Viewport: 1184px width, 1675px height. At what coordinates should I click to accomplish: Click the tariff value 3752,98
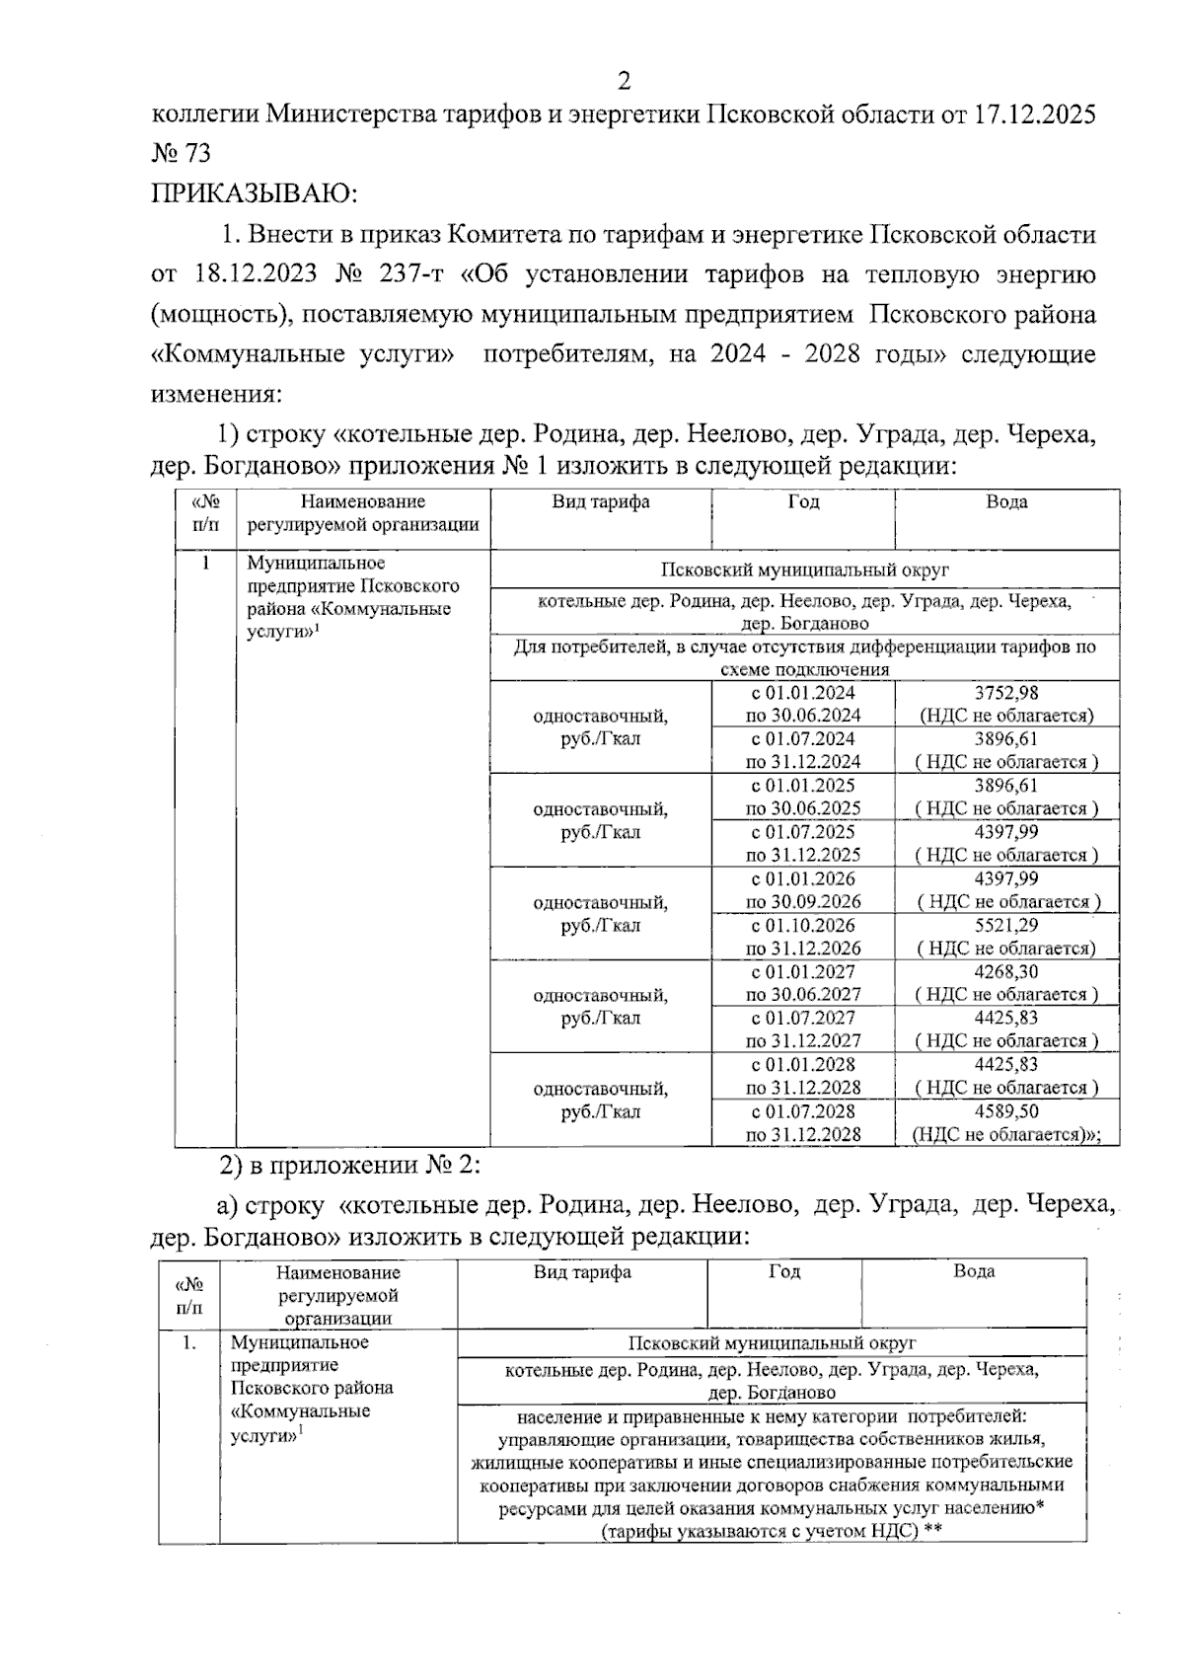click(x=1005, y=693)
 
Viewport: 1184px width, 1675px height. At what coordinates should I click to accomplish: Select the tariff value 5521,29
click(x=1005, y=926)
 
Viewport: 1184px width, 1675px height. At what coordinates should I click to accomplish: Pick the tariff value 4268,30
click(x=1005, y=972)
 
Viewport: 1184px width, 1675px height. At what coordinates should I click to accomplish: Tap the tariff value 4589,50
click(x=1005, y=1111)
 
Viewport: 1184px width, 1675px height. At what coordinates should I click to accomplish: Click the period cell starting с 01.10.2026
click(x=803, y=937)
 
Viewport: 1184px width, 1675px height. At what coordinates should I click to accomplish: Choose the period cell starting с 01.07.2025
click(x=803, y=844)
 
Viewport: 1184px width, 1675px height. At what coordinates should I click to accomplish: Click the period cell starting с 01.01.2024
click(x=803, y=704)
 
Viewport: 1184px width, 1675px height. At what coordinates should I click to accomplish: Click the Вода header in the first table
click(x=1006, y=502)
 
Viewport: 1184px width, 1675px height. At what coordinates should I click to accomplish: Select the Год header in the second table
click(x=784, y=1272)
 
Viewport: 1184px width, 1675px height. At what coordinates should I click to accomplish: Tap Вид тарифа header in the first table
click(x=600, y=502)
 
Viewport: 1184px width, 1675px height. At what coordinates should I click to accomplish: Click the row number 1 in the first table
click(x=205, y=564)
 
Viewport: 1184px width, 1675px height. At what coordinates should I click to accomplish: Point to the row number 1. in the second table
click(x=188, y=1343)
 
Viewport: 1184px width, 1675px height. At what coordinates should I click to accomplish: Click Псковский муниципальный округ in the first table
click(x=804, y=571)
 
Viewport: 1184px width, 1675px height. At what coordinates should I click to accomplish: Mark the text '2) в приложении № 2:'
click(x=349, y=1165)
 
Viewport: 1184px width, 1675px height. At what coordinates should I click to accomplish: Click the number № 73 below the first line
click(x=181, y=154)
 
